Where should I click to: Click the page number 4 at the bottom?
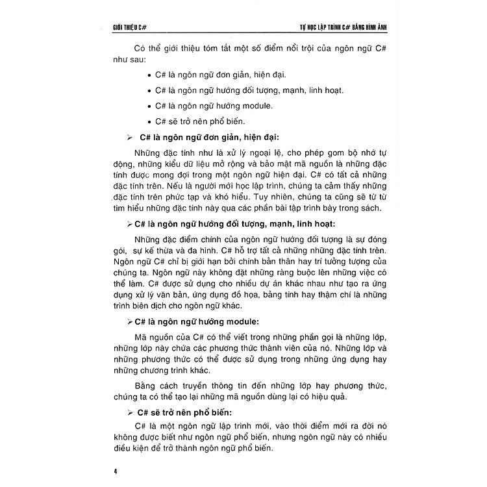(114, 466)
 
